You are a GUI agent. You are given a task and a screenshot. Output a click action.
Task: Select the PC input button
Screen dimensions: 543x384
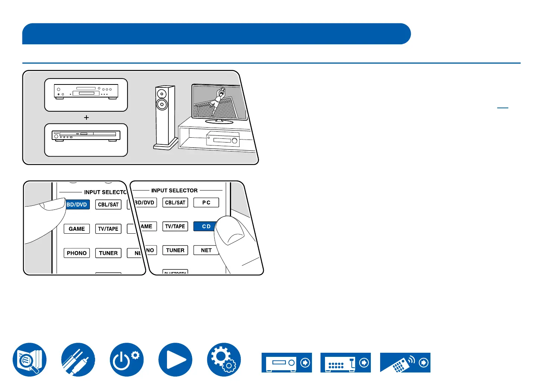[206, 202]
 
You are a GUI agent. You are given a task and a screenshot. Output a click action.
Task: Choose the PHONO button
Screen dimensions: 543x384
[76, 253]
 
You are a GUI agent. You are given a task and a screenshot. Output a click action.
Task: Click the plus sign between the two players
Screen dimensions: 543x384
[86, 118]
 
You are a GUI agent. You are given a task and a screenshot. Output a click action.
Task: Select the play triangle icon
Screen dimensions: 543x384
[175, 359]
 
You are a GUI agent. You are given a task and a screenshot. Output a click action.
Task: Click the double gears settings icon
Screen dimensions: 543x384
[224, 359]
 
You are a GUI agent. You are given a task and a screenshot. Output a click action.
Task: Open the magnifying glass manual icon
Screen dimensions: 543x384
[29, 359]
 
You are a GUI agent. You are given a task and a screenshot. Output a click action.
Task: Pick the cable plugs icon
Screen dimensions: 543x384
[78, 359]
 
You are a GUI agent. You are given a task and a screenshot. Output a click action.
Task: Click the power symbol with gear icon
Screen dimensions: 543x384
[126, 359]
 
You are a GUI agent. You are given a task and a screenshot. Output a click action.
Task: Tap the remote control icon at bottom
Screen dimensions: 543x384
[405, 362]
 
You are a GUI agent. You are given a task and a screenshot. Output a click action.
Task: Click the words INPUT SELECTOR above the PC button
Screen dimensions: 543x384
[174, 191]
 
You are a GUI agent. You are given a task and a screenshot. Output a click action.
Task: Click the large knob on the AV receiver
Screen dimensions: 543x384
[234, 141]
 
